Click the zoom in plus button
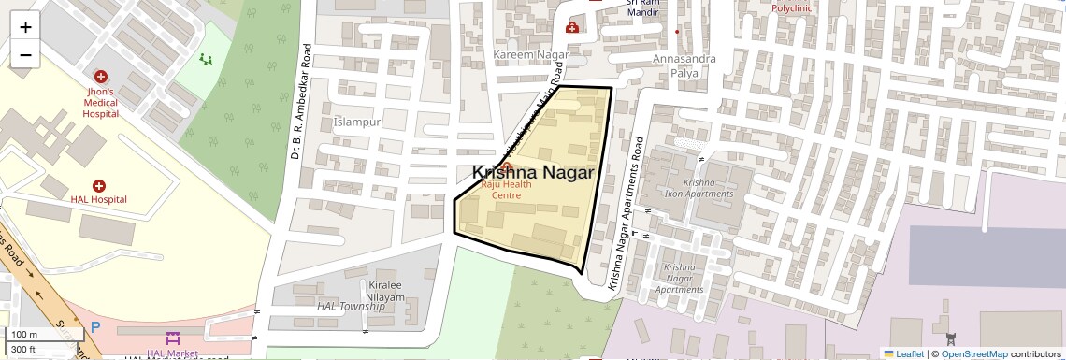pyautogui.click(x=25, y=27)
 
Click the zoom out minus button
pyautogui.click(x=25, y=55)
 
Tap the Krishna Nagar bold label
pyautogui.click(x=533, y=173)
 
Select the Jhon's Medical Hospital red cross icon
pyautogui.click(x=100, y=76)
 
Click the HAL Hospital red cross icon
pyautogui.click(x=98, y=186)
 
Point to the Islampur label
pyautogui.click(x=356, y=122)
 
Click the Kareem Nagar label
pyautogui.click(x=530, y=56)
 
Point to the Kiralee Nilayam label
pyautogui.click(x=385, y=290)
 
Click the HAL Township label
pyautogui.click(x=351, y=306)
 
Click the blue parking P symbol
pyautogui.click(x=95, y=328)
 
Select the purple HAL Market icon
pyautogui.click(x=172, y=338)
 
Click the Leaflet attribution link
pyautogui.click(x=903, y=353)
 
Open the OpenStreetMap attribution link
pyautogui.click(x=973, y=353)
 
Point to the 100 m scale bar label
pyautogui.click(x=24, y=335)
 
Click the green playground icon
pyautogui.click(x=206, y=59)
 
